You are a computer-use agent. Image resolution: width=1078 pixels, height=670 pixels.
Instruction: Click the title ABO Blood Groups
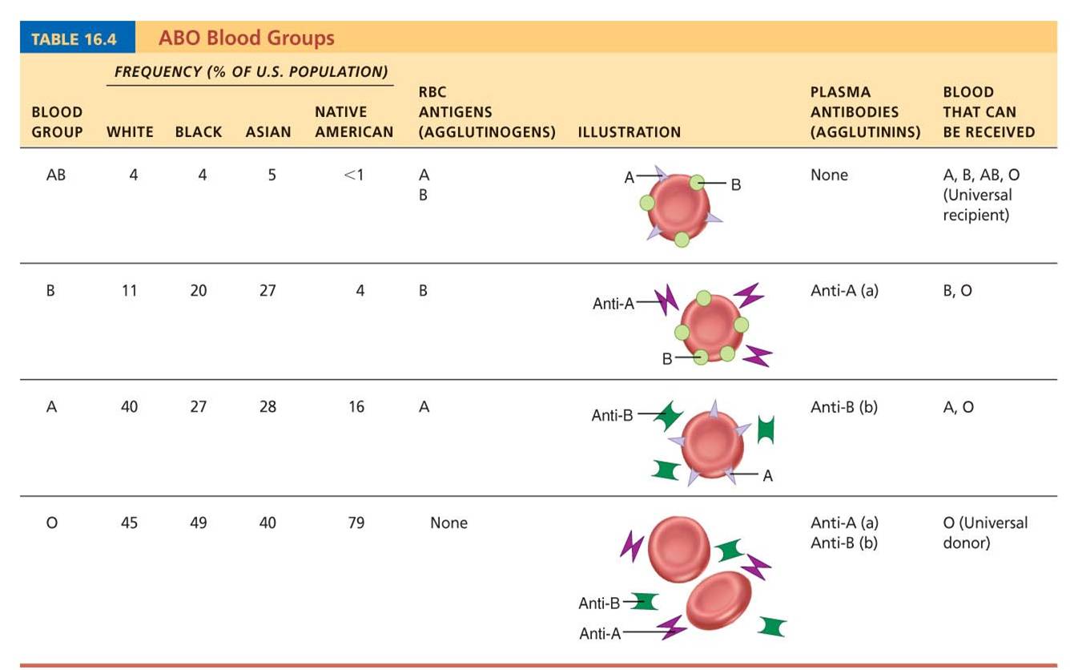pos(246,38)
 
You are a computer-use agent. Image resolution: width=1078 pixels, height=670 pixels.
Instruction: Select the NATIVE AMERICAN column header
pos(353,122)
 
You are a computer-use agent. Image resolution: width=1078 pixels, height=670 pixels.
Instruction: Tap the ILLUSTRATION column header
pos(629,132)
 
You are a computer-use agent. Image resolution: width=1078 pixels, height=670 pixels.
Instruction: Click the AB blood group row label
pos(55,174)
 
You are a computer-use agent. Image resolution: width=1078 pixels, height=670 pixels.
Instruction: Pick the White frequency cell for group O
pos(129,523)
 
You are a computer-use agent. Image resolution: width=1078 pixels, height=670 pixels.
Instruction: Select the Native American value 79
pos(356,523)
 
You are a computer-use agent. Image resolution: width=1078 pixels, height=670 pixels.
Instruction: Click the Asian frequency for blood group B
pos(267,291)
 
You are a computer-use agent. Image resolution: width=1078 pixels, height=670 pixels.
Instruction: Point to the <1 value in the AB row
pos(353,174)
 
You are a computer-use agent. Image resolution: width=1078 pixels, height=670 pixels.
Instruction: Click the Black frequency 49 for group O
pos(198,523)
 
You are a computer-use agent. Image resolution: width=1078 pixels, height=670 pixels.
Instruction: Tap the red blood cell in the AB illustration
pos(678,207)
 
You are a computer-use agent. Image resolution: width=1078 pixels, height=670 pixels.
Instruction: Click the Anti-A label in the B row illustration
pos(613,304)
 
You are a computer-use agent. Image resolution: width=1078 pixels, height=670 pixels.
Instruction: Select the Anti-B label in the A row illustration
pos(612,415)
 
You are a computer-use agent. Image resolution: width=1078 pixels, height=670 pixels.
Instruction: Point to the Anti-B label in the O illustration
pos(599,603)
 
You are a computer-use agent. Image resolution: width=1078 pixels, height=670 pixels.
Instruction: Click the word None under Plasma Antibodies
pos(828,175)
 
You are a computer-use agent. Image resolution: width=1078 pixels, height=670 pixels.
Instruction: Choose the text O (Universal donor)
pos(984,532)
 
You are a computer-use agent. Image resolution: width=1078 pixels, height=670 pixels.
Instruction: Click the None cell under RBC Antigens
pos(448,523)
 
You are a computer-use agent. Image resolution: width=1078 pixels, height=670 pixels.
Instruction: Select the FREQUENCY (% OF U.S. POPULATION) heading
pos(251,72)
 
